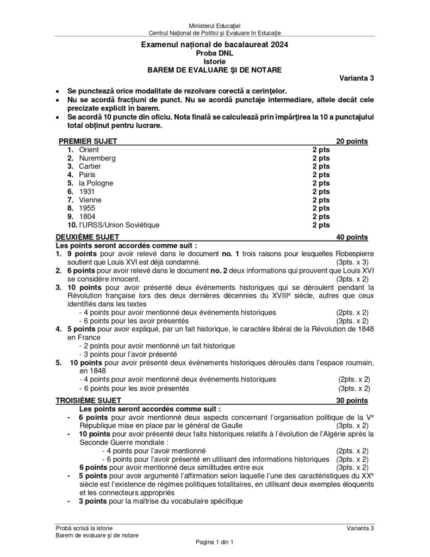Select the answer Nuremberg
[97, 158]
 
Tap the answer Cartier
[90, 166]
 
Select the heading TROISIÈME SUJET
[89, 401]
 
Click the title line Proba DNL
[214, 53]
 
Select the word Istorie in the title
[214, 61]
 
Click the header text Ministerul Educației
[214, 26]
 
